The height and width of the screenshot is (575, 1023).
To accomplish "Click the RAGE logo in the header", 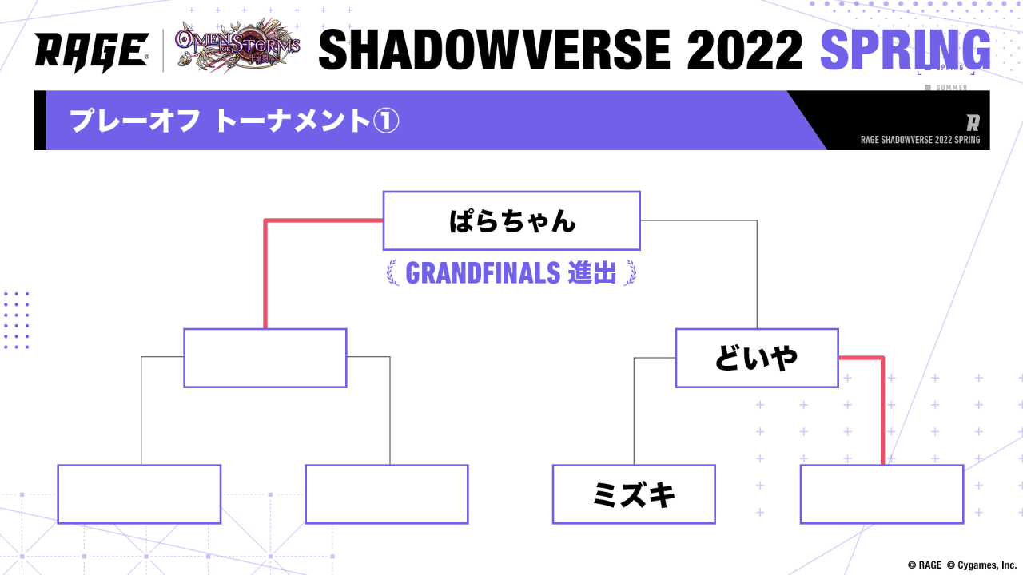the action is pyautogui.click(x=91, y=52).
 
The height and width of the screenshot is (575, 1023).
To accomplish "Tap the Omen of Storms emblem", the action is pyautogui.click(x=237, y=46).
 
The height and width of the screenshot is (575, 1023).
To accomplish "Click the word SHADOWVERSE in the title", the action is pyautogui.click(x=494, y=50).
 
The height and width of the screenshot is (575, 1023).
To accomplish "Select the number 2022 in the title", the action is pyautogui.click(x=744, y=50).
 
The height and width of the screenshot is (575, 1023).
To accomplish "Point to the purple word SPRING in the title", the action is pyautogui.click(x=906, y=50).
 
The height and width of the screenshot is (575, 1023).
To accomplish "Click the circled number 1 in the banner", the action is pyautogui.click(x=386, y=121).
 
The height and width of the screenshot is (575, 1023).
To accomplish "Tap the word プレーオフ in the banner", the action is pyautogui.click(x=135, y=121).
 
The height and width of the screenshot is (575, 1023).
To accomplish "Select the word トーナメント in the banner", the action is pyautogui.click(x=293, y=121).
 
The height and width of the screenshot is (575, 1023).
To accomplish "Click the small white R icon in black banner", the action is pyautogui.click(x=973, y=123).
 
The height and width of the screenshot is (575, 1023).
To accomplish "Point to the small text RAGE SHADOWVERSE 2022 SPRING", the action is pyautogui.click(x=920, y=140).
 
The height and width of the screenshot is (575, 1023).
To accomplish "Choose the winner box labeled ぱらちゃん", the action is pyautogui.click(x=511, y=221).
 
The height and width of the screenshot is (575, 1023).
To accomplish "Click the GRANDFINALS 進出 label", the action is pyautogui.click(x=511, y=273).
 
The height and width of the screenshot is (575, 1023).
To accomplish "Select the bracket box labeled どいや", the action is pyautogui.click(x=757, y=358).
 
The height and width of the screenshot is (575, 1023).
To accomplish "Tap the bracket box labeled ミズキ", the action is pyautogui.click(x=634, y=494).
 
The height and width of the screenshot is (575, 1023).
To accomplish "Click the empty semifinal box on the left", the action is pyautogui.click(x=265, y=358).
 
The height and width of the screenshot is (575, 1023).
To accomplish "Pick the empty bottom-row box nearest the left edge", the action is pyautogui.click(x=139, y=494).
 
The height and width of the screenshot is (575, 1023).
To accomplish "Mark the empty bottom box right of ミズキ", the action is pyautogui.click(x=882, y=494).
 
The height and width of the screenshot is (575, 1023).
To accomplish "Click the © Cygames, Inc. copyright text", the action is pyautogui.click(x=981, y=565).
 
